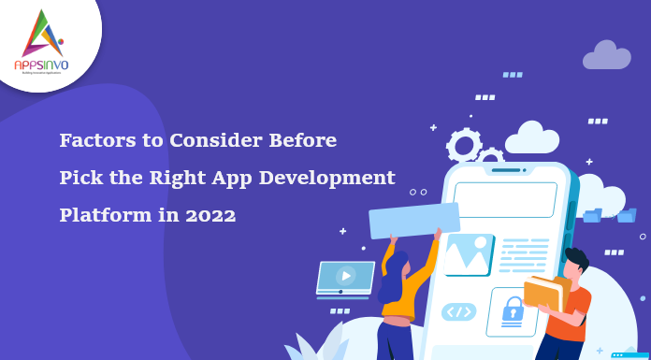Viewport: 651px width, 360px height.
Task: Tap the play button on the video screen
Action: tap(345, 275)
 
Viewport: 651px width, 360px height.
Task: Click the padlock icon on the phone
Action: tap(513, 309)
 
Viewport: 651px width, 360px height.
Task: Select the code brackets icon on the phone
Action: tap(458, 311)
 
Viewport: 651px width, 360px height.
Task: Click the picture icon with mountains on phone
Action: tap(468, 253)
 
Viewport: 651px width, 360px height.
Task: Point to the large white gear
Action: tap(464, 146)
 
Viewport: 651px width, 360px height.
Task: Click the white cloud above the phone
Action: tap(531, 138)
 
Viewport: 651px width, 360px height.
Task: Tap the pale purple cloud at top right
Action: tap(607, 55)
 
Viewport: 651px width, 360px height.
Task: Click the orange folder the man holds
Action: tap(542, 294)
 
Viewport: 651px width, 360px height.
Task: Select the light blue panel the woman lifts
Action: tap(414, 220)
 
